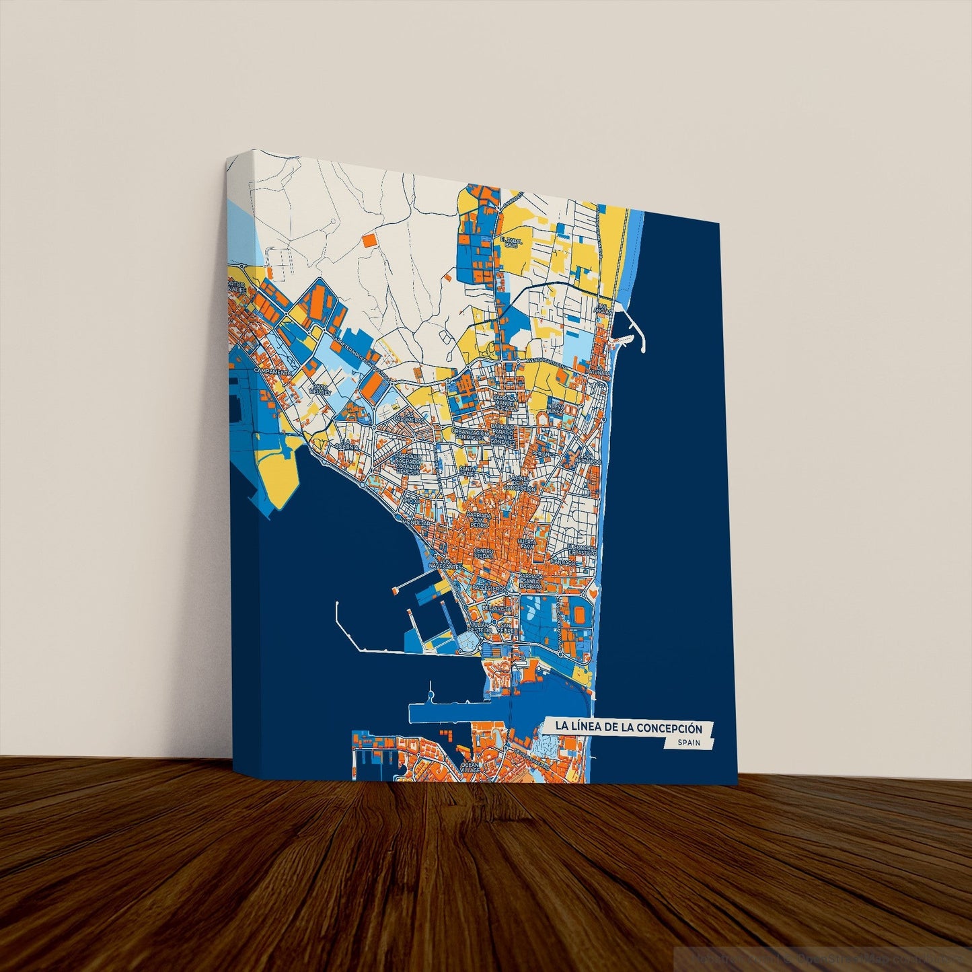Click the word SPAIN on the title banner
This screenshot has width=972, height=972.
[x=689, y=743]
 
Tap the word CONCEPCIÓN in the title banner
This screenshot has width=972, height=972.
[x=669, y=727]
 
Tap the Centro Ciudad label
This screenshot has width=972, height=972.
[x=484, y=554]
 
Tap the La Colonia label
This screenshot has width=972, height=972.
[x=348, y=445]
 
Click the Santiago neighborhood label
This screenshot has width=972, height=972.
[x=563, y=562]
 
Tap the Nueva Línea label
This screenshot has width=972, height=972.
[x=556, y=408]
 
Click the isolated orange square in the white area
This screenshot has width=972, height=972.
[x=369, y=239]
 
